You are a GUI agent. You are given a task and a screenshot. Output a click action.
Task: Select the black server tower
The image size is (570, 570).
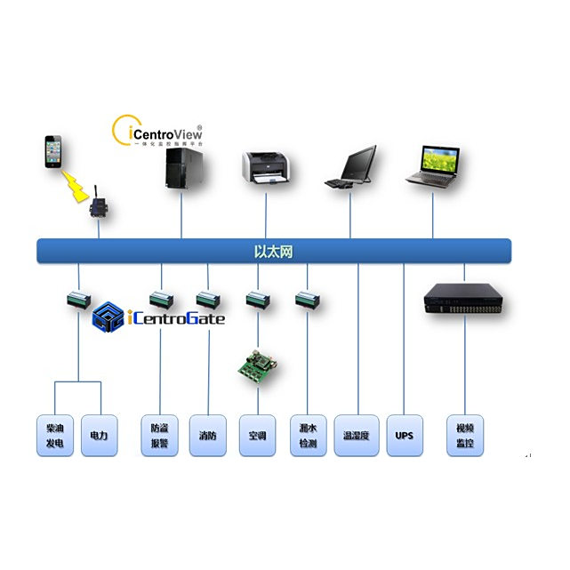tap(181, 166)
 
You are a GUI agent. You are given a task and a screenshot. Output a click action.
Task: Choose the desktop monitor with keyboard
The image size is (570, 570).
tap(350, 167)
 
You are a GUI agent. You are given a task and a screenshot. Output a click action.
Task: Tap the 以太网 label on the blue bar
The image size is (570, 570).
tap(274, 252)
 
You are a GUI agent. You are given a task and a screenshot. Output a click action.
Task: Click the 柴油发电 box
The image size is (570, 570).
tap(54, 436)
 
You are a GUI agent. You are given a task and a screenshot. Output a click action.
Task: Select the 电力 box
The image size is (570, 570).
tap(99, 436)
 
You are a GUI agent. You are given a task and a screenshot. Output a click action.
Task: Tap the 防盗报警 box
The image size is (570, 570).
tap(159, 436)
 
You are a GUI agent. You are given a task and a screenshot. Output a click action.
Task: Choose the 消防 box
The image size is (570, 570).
tap(207, 436)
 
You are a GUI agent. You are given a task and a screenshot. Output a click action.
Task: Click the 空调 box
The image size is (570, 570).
tap(257, 436)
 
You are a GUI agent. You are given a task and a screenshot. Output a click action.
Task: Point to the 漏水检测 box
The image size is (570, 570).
tap(308, 436)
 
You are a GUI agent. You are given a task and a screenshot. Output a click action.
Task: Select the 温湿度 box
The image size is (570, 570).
tap(357, 436)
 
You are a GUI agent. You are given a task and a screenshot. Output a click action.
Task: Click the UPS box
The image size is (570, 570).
tap(405, 436)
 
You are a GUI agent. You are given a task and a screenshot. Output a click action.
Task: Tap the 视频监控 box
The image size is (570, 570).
tap(464, 436)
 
